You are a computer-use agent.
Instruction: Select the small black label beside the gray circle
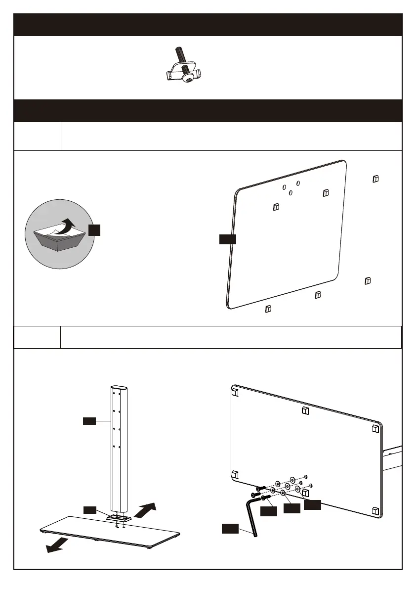(94, 229)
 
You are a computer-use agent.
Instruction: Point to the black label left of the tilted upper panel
(227, 239)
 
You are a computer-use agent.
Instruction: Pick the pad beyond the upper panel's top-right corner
(375, 178)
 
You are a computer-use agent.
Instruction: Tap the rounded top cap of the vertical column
(118, 388)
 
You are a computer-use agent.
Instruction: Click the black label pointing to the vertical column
(89, 421)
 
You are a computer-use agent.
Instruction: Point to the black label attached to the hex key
(229, 529)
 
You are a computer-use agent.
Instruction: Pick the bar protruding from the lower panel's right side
(394, 458)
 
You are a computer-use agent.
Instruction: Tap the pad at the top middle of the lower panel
(305, 410)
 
